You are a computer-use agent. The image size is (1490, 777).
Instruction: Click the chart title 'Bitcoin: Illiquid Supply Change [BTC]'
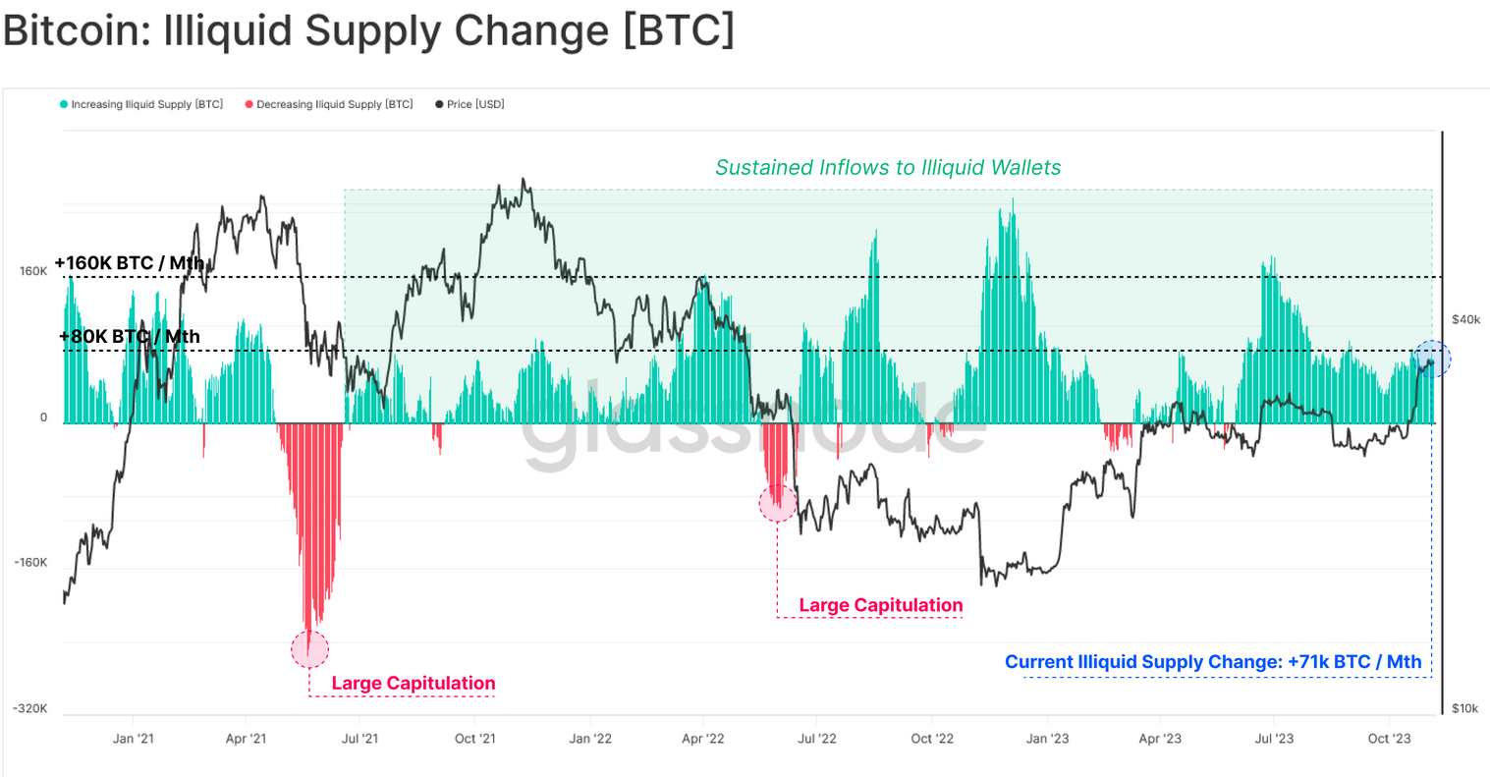click(368, 30)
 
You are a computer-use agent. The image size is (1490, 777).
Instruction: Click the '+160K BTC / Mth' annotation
click(130, 263)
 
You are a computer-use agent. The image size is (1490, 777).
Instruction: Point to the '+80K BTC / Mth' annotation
click(130, 337)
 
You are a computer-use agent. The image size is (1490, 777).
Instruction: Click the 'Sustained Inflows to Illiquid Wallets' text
click(888, 168)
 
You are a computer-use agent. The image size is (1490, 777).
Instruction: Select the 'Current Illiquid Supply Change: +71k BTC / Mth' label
click(1213, 662)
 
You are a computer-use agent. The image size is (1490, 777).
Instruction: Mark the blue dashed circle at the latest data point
click(1431, 360)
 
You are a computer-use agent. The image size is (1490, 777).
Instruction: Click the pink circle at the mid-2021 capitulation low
click(310, 649)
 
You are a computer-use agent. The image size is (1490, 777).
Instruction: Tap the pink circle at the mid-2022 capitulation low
click(778, 503)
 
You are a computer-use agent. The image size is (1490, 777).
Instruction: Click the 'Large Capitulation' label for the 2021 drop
click(414, 684)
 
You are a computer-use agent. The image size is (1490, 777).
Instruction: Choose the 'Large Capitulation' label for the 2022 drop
click(881, 606)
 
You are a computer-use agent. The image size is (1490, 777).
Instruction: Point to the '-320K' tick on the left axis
click(29, 708)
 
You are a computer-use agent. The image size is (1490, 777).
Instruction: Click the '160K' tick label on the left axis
click(33, 271)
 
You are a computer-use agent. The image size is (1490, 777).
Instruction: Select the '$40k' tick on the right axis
click(1465, 319)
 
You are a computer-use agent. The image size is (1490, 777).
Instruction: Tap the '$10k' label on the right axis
click(1464, 708)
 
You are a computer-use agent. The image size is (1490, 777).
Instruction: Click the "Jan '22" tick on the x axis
click(590, 739)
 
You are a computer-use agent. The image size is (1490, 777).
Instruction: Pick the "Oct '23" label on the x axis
click(1389, 739)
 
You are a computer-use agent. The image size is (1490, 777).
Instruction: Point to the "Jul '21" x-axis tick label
click(360, 739)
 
